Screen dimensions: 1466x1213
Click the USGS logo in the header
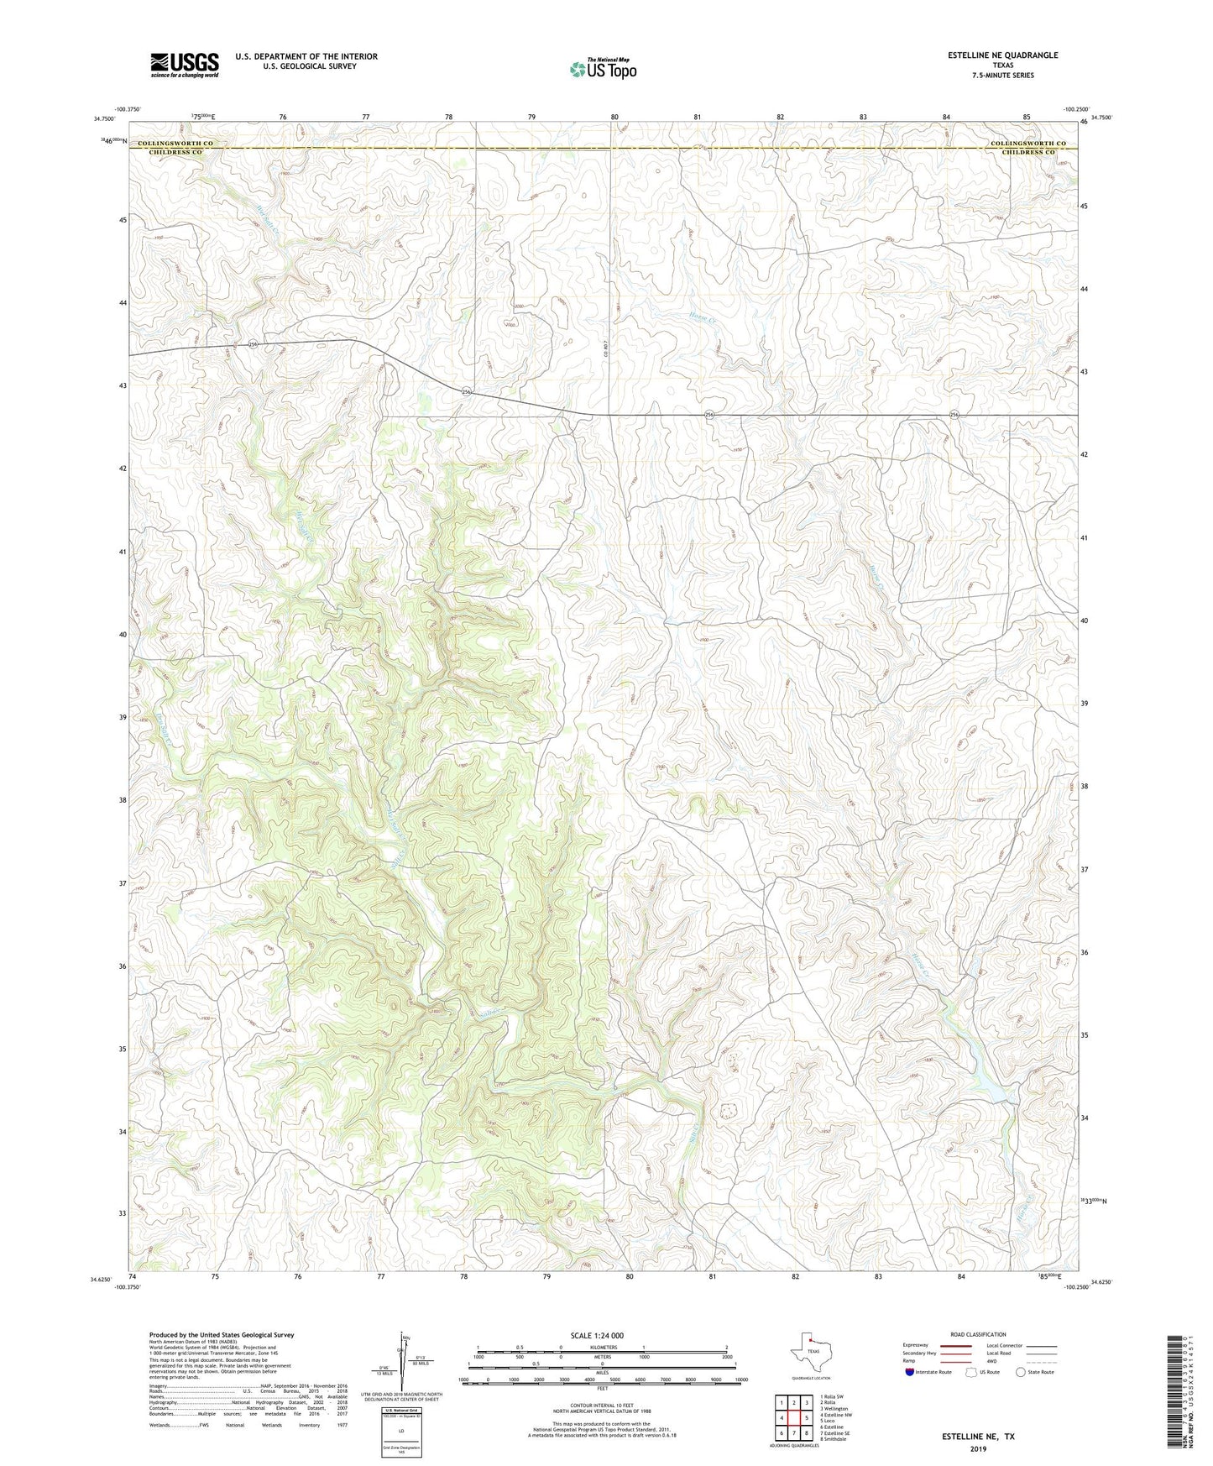point(185,65)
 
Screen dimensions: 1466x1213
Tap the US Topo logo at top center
point(603,69)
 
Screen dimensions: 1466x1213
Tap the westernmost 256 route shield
point(252,343)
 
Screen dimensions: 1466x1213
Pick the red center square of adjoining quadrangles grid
point(793,1418)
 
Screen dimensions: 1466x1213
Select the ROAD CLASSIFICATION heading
point(978,1334)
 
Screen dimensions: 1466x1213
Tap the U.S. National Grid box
point(401,1429)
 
